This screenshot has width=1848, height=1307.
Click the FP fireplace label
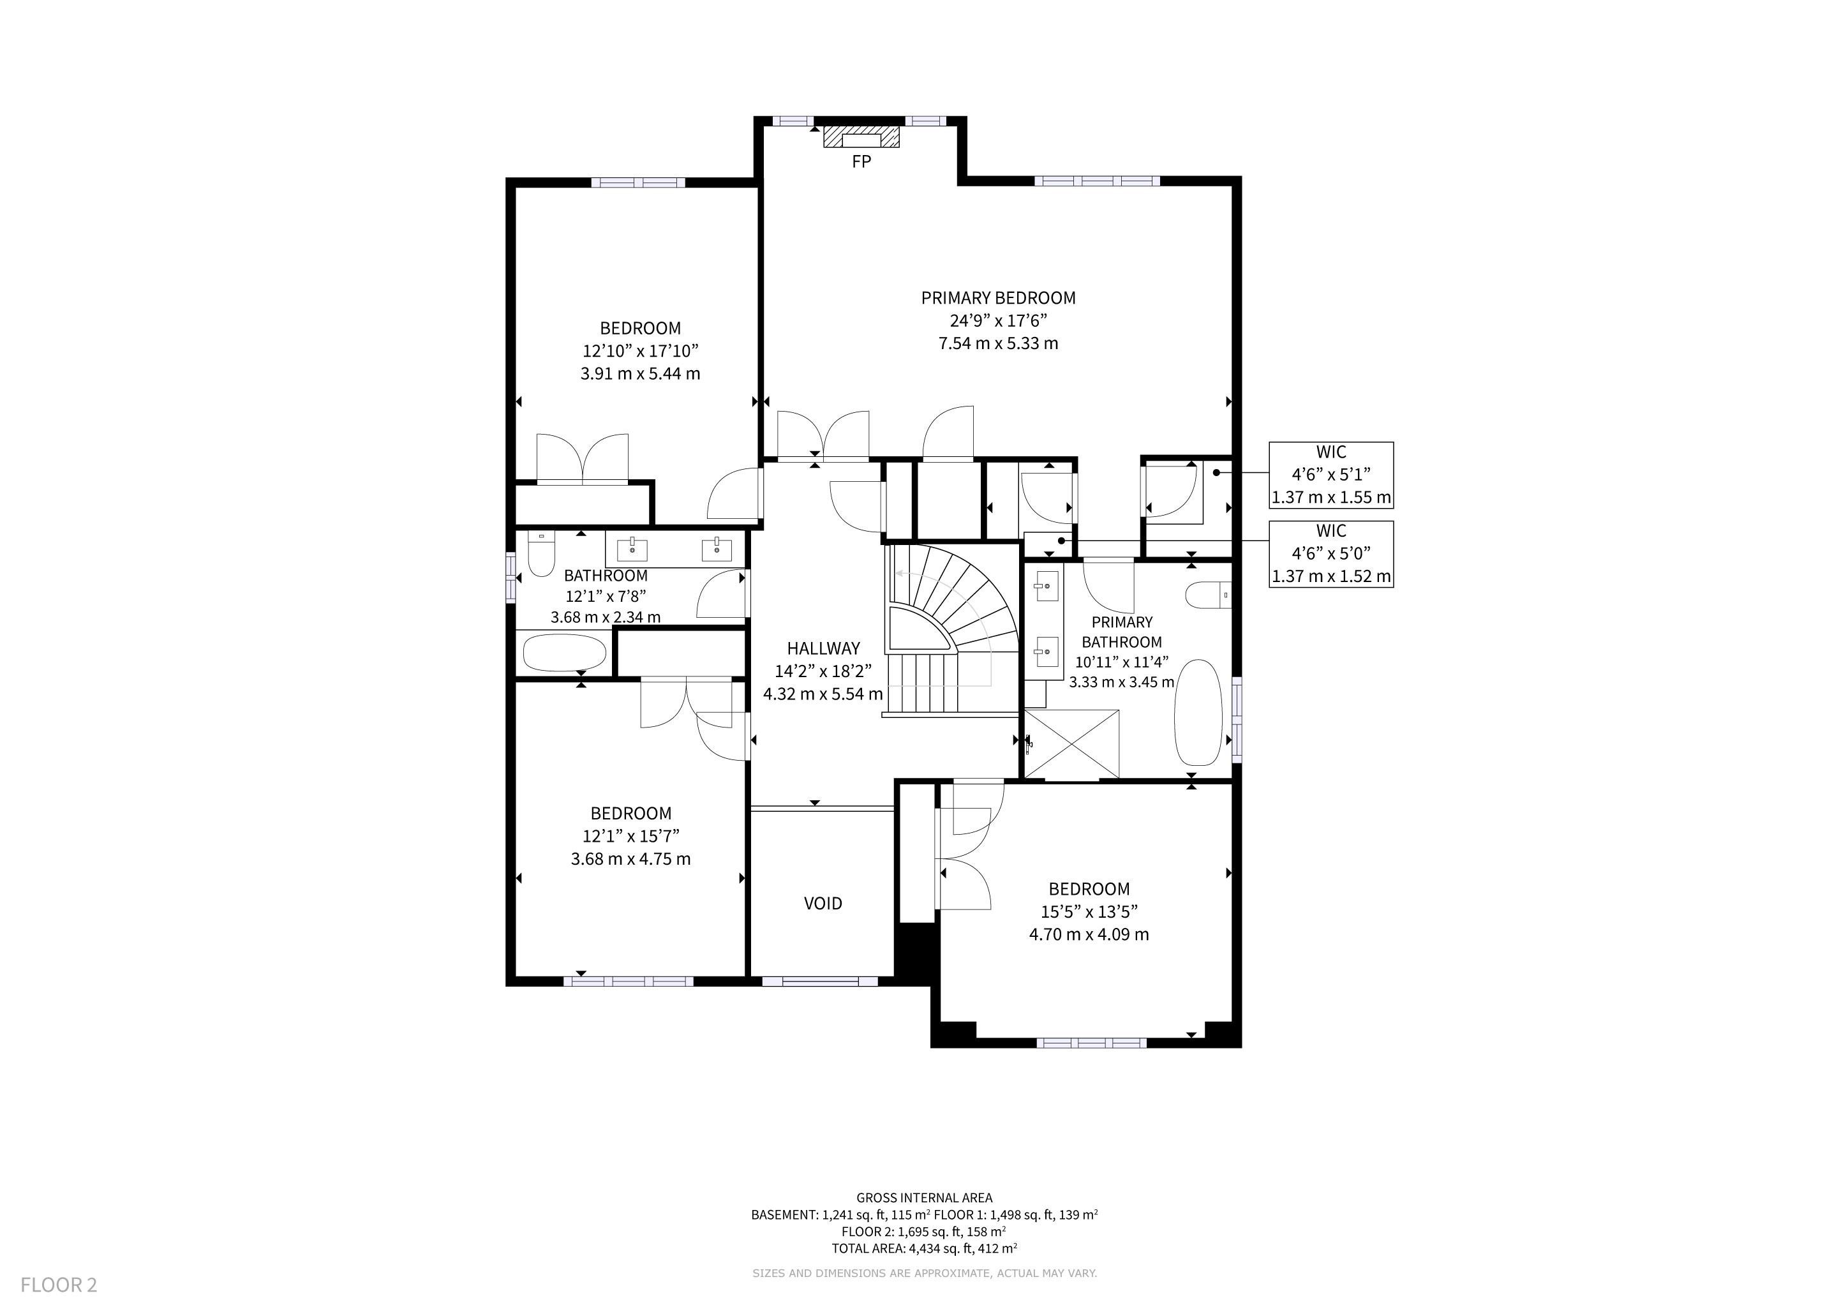(861, 161)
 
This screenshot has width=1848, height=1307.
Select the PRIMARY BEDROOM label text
(998, 298)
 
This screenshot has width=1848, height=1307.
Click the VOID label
(823, 903)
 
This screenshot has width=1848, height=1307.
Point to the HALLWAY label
(823, 648)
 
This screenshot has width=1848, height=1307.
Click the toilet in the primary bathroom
(1208, 595)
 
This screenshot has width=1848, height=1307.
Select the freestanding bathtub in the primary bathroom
(1199, 713)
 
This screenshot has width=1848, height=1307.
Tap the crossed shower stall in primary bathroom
(1072, 745)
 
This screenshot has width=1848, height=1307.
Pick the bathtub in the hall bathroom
(564, 653)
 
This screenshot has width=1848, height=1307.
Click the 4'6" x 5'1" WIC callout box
(1331, 475)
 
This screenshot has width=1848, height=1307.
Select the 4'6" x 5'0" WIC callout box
(1331, 554)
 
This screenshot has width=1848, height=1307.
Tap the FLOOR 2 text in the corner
(59, 1285)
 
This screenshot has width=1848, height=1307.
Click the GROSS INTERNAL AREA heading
(924, 1197)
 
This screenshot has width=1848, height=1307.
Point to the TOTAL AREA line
(924, 1248)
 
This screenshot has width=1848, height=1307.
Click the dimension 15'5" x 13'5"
(1089, 912)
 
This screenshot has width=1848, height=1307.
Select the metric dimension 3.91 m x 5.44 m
(640, 373)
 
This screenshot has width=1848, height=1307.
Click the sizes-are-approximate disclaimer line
(924, 1273)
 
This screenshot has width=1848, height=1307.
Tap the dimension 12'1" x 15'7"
(631, 836)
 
